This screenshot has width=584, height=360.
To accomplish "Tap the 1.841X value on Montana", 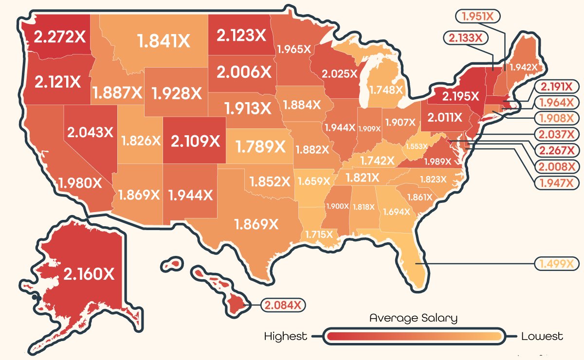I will click(x=164, y=41).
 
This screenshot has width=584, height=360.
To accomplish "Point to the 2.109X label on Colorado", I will click(x=195, y=141).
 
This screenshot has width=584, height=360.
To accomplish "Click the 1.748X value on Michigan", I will click(x=386, y=90).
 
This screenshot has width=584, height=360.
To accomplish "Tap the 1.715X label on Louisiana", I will click(x=319, y=234).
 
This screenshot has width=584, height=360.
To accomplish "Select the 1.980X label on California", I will click(x=81, y=183).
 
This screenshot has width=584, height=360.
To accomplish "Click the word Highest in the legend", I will click(x=286, y=336).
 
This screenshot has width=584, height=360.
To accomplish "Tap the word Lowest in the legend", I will click(x=542, y=336).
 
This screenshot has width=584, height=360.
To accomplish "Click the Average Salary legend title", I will click(x=413, y=319).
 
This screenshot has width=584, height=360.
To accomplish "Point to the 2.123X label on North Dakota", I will click(x=242, y=35).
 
